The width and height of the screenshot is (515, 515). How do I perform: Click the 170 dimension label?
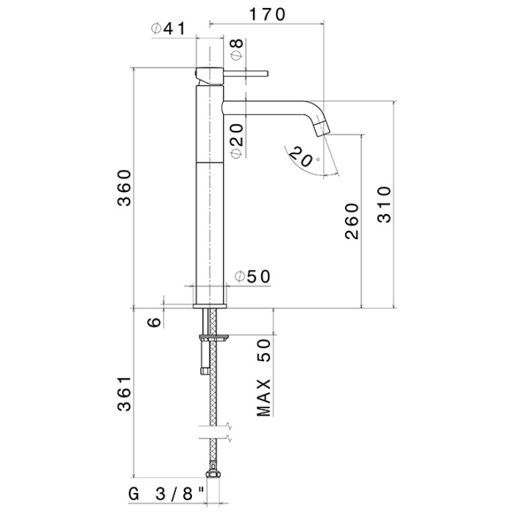pyautogui.click(x=267, y=15)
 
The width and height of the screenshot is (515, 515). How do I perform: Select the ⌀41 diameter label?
pyautogui.click(x=169, y=29)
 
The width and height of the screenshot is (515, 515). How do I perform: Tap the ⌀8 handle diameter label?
pyautogui.click(x=237, y=49)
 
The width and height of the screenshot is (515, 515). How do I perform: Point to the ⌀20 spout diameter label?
pyautogui.click(x=237, y=141)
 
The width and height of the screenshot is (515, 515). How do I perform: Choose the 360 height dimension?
pyautogui.click(x=124, y=188)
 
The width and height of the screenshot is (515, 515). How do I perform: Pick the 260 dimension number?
pyautogui.click(x=352, y=222)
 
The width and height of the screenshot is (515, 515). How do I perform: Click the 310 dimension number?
pyautogui.click(x=384, y=205)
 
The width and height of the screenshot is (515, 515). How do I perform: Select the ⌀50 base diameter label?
pyautogui.click(x=253, y=277)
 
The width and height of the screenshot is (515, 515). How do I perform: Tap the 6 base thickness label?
pyautogui.click(x=154, y=322)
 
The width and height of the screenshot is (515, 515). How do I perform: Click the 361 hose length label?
pyautogui.click(x=124, y=394)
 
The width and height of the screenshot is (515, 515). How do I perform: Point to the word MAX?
pyautogui.click(x=264, y=398)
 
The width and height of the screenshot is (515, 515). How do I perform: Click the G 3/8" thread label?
pyautogui.click(x=167, y=494)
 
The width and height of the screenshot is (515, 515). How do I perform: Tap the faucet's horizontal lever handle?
pyautogui.click(x=246, y=73)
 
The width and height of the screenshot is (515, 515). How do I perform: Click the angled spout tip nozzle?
pyautogui.click(x=321, y=128)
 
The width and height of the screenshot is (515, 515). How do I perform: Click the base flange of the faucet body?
pyautogui.click(x=209, y=306)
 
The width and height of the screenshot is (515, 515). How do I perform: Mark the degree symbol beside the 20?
pyautogui.click(x=318, y=160)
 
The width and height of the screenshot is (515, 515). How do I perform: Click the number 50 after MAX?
pyautogui.click(x=264, y=350)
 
